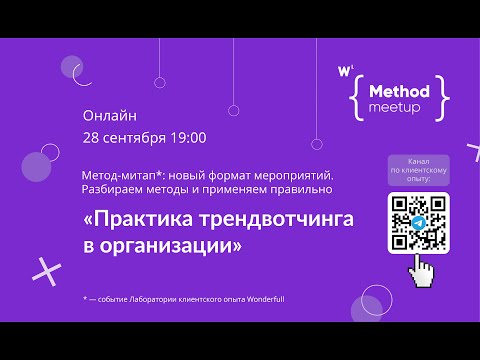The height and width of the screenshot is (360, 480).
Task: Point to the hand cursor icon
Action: click(x=428, y=270)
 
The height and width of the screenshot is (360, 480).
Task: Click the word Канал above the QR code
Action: click(x=418, y=160)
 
